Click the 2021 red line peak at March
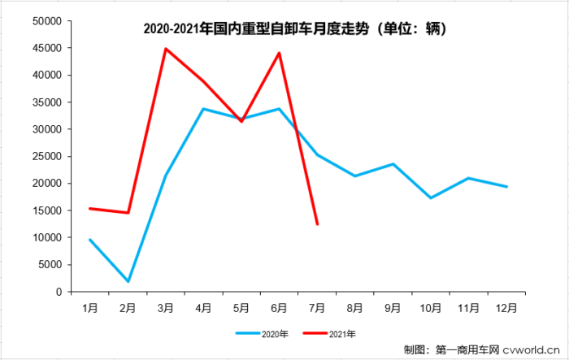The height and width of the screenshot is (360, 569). [166, 49]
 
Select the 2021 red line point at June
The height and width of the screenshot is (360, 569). [280, 53]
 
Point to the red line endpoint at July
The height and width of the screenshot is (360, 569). [317, 224]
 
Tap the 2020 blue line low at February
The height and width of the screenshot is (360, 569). [128, 281]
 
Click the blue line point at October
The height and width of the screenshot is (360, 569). [431, 198]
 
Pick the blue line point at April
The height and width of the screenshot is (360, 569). [203, 109]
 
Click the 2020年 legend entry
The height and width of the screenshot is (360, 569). [258, 333]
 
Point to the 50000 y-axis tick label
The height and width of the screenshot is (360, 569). [46, 21]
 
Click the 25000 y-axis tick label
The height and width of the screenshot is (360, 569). [46, 156]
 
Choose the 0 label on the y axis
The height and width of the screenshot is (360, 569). [59, 292]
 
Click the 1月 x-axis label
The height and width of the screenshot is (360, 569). [90, 308]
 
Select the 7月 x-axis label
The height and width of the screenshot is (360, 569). [317, 308]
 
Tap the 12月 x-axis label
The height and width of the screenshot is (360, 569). [506, 308]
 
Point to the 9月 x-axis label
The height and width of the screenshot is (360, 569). [393, 308]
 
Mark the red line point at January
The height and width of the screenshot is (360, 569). [90, 209]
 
